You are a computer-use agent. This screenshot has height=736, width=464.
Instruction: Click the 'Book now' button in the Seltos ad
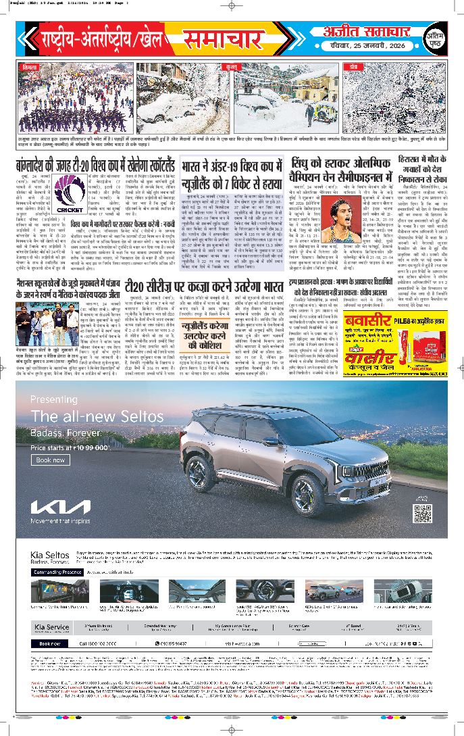[x=51, y=460]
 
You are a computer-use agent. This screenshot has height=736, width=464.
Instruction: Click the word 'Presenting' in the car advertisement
[x=54, y=399]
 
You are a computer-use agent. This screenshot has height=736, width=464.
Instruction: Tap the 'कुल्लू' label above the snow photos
[x=232, y=68]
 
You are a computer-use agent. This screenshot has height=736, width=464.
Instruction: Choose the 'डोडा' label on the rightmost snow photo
[x=354, y=68]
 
